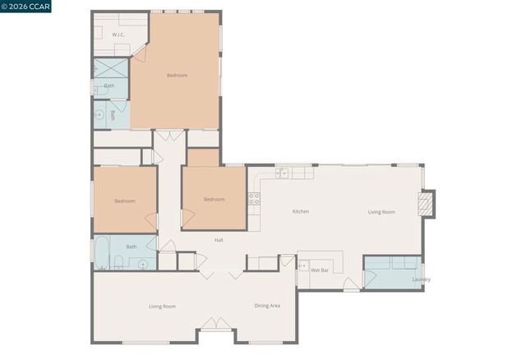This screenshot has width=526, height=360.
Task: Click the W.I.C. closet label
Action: (x=118, y=35)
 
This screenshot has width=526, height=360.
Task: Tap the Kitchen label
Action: (x=301, y=212)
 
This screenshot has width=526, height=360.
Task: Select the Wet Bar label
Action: (x=320, y=270)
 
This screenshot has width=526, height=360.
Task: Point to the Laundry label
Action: (x=421, y=279)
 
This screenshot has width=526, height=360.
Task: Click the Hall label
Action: (x=219, y=240)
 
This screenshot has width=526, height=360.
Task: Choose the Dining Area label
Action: (x=267, y=306)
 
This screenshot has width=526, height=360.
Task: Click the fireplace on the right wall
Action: (x=426, y=204)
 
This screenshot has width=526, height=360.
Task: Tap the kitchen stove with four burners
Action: (x=255, y=198)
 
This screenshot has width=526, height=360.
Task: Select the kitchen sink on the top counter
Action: (x=282, y=173)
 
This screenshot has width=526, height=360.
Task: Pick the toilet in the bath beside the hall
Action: (x=118, y=263)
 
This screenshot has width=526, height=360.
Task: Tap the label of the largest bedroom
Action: (x=177, y=76)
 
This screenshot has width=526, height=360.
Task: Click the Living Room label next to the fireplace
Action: (x=381, y=212)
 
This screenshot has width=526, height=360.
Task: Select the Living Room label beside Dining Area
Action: (x=162, y=307)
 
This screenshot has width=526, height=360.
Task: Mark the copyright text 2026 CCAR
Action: (x=26, y=8)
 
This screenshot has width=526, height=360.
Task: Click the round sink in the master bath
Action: (x=99, y=116)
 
